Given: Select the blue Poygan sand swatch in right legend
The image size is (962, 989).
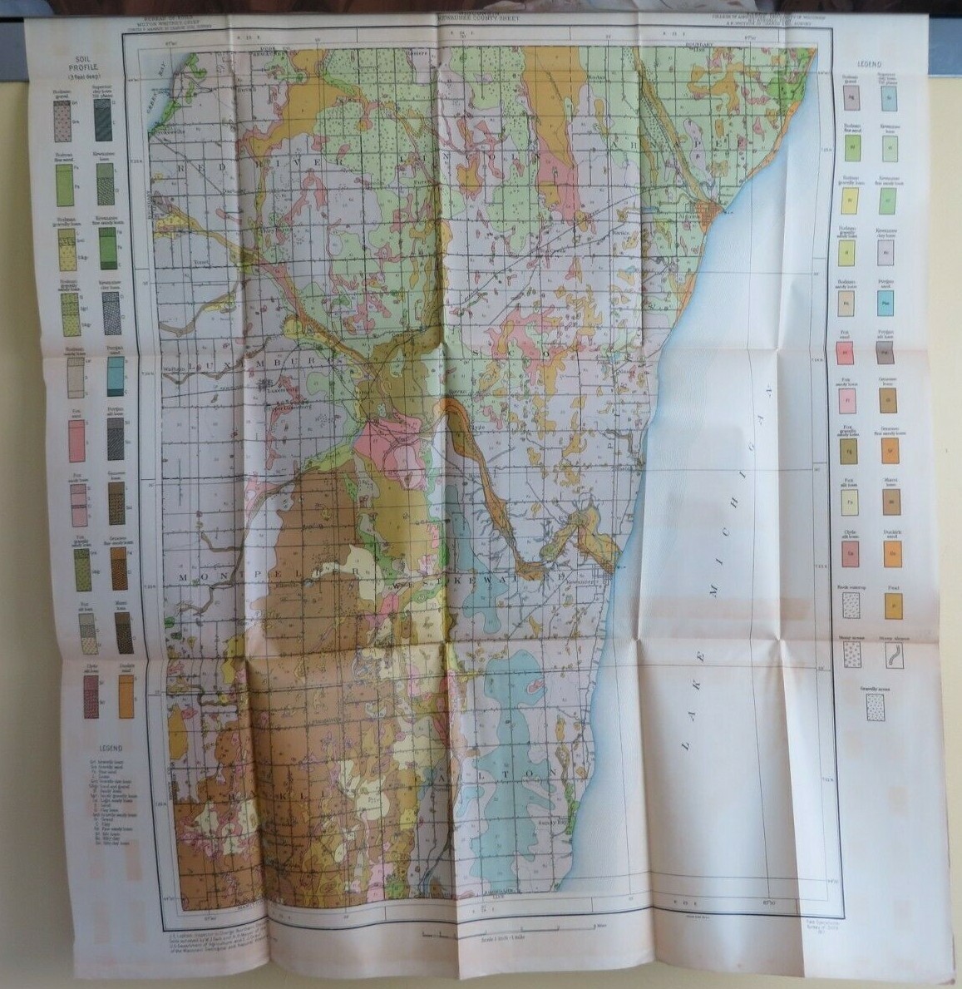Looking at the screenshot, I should [891, 304].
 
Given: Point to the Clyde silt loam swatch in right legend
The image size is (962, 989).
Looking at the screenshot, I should [852, 553].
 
